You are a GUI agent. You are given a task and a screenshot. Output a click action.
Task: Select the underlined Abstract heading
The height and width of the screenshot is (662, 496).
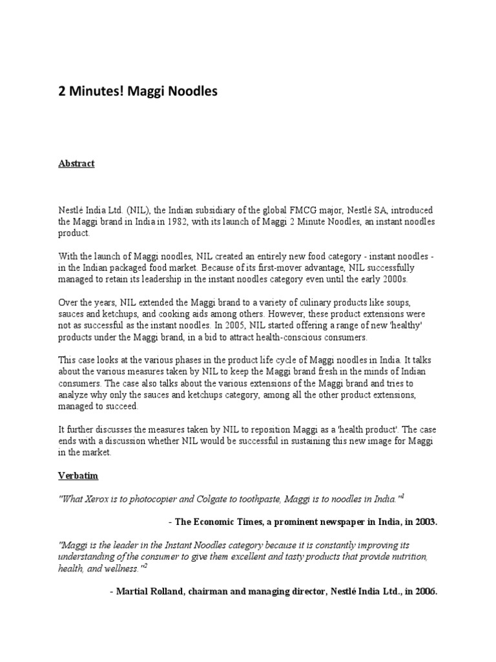76,164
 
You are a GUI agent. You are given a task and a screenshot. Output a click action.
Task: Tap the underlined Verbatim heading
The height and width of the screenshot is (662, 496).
77,475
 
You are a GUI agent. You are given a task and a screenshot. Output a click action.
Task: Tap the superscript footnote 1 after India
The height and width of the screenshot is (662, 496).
402,495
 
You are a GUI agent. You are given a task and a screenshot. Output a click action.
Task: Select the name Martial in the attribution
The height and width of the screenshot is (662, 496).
134,591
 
